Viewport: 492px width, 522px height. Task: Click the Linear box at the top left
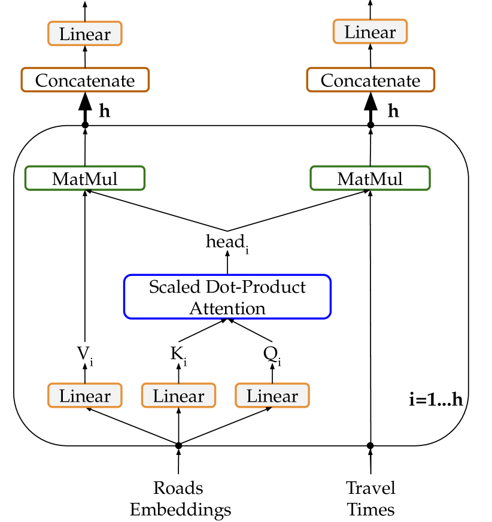click(85, 34)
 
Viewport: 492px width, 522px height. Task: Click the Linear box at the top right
click(370, 32)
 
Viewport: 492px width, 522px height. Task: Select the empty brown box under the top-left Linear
click(85, 80)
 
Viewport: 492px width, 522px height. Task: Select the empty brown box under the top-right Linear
click(370, 80)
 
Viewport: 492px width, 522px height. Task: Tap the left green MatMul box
click(85, 178)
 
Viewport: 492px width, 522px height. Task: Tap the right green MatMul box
click(370, 178)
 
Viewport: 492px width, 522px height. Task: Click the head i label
click(227, 242)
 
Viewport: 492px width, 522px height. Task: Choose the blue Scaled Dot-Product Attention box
click(227, 297)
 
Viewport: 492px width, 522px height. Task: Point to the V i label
click(85, 354)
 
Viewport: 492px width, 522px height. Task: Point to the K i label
click(178, 354)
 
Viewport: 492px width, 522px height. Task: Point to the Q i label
click(272, 354)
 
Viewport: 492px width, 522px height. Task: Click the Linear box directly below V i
click(85, 396)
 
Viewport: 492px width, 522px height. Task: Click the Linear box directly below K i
click(178, 396)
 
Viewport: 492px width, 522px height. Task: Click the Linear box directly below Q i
click(272, 396)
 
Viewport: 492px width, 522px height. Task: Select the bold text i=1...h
click(436, 400)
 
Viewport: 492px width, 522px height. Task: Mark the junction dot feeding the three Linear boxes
click(178, 444)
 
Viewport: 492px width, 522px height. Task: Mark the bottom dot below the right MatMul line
click(370, 444)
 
